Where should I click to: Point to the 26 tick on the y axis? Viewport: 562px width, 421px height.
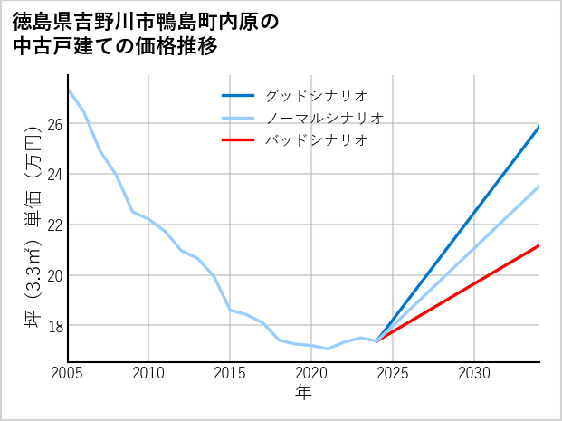pos(53,123)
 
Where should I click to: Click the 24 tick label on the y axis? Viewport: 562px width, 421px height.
pos(53,174)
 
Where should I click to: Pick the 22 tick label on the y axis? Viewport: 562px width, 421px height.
pos(53,225)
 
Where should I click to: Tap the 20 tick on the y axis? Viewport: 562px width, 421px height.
pos(53,275)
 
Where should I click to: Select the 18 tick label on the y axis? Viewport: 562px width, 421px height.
pos(53,325)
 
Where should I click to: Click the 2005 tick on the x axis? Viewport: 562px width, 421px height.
pos(68,373)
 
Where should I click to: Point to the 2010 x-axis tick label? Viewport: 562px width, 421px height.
pos(149,373)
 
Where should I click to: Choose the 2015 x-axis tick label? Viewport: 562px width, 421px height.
pos(231,373)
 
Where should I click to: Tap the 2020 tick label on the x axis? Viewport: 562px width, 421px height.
pos(311,373)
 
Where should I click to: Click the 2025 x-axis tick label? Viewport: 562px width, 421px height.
pos(393,373)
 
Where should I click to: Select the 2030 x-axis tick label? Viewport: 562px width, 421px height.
pos(474,373)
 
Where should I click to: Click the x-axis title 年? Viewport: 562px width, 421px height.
pos(303,393)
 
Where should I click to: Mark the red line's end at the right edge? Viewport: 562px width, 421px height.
pos(539,245)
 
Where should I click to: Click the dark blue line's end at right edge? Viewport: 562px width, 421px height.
pos(539,127)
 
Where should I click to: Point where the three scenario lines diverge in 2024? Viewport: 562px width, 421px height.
pos(376,340)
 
